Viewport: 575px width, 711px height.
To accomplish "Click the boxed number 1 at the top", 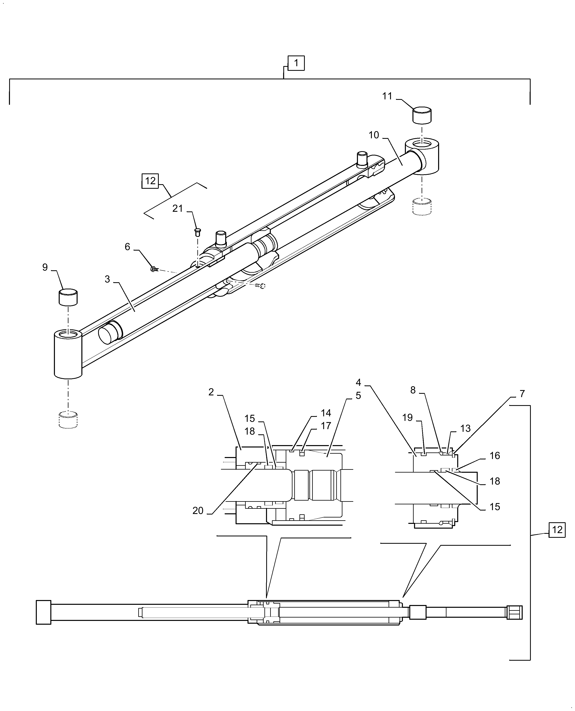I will coord(296,63).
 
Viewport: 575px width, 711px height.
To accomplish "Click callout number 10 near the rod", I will coord(374,135).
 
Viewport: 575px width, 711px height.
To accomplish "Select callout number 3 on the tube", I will coord(107,279).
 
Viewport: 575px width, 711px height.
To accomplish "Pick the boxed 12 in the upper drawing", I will coord(150,181).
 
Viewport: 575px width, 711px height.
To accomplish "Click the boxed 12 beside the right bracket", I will coord(557,530).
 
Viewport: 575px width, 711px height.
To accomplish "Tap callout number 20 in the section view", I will coord(198,511).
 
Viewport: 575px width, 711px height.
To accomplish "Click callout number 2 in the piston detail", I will coord(211,392).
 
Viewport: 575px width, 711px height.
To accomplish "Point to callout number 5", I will coord(358,396).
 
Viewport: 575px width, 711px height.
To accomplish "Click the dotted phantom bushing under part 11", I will coord(422,207).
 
